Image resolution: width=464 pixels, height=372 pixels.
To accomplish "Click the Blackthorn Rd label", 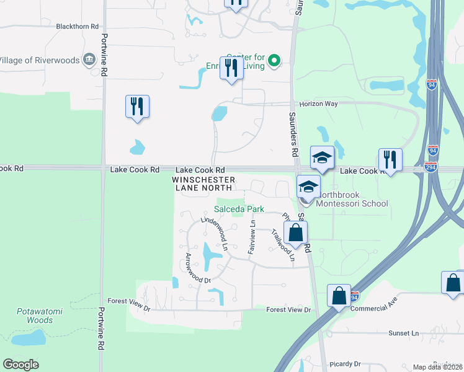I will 78,27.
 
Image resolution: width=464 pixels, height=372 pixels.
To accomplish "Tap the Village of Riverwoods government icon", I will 89,60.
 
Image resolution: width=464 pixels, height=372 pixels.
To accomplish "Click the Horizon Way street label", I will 318,104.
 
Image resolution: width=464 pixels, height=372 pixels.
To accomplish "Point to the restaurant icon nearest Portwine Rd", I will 137,106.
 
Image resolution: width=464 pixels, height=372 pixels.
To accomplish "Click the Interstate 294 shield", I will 431,166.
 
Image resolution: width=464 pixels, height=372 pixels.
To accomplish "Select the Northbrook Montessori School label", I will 352,203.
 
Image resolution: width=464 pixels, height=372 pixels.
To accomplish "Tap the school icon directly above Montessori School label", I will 308,186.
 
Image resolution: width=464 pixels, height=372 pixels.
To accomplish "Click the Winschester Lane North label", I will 203,183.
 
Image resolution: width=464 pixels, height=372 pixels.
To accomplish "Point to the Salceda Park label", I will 235,209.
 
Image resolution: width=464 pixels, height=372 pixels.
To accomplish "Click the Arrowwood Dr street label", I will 199,267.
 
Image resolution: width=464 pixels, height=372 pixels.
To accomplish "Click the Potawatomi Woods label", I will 35,315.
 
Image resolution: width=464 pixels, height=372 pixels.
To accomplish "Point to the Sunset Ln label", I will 403,333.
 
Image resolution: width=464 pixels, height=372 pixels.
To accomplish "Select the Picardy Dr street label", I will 346,364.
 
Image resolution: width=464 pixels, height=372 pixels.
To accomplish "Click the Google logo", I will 20,365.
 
